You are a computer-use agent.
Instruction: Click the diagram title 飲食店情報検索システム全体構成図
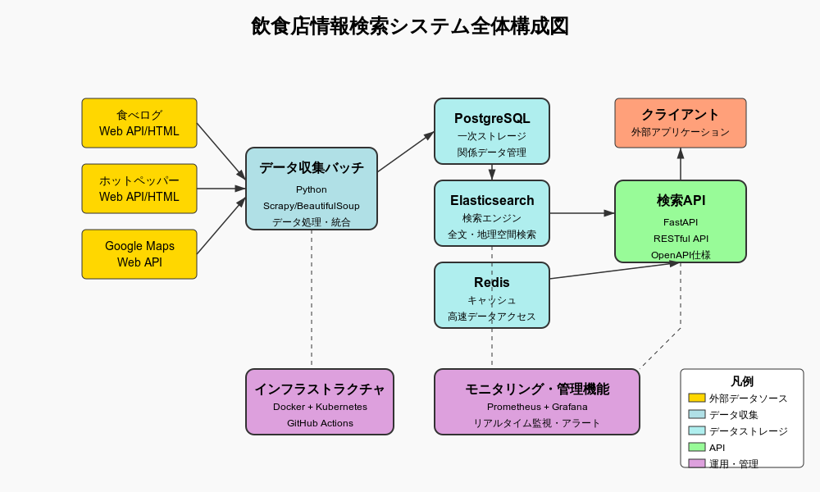click(x=410, y=26)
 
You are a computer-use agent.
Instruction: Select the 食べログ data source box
click(x=139, y=123)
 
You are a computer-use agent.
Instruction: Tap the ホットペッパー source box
click(x=139, y=189)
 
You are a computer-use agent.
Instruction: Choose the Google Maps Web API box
click(x=139, y=254)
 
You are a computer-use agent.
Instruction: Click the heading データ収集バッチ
click(x=312, y=167)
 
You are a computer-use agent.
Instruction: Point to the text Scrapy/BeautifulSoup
click(x=312, y=206)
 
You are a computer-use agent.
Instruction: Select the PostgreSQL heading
click(x=492, y=118)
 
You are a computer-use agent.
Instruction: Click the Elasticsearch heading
click(x=492, y=200)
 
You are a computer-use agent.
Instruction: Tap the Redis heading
click(x=492, y=282)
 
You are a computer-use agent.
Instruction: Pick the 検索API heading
click(x=681, y=200)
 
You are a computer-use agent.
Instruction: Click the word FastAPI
click(x=681, y=222)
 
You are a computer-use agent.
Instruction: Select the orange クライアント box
click(x=681, y=123)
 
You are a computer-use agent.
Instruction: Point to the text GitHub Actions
click(x=320, y=423)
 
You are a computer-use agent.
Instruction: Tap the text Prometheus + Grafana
click(x=537, y=407)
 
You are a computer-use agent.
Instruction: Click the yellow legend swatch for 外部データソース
click(x=697, y=398)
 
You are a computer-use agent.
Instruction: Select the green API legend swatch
click(x=697, y=447)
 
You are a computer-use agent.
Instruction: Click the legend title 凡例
click(x=742, y=381)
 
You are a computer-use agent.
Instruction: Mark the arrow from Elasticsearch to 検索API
click(x=582, y=213)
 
